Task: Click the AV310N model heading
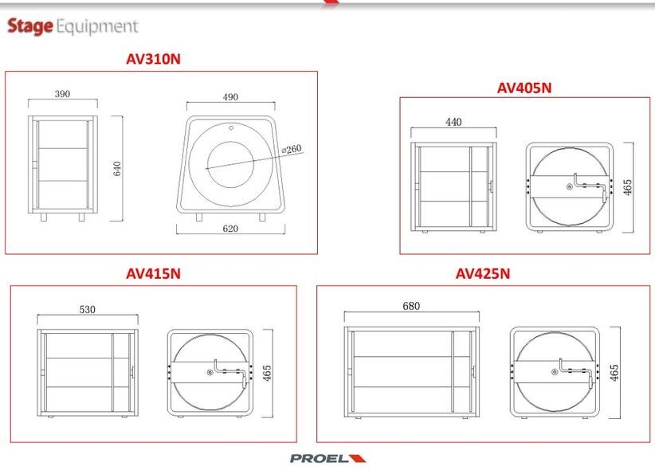(x=153, y=59)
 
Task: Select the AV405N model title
(x=524, y=88)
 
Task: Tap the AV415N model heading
(x=153, y=273)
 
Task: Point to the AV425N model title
(x=483, y=273)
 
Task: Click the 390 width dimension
(x=62, y=94)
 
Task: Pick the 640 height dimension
(x=117, y=168)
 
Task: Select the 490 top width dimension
(x=230, y=97)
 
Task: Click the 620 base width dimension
(x=230, y=229)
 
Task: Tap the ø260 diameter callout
(x=291, y=149)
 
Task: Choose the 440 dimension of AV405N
(x=453, y=122)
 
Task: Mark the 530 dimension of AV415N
(x=88, y=310)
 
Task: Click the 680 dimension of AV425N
(x=411, y=306)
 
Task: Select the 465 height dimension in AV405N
(x=627, y=187)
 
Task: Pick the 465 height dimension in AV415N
(x=267, y=373)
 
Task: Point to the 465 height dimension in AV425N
(x=614, y=373)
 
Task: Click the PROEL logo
(x=328, y=458)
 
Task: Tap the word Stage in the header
(x=30, y=26)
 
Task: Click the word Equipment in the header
(x=97, y=26)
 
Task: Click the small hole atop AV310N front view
(x=231, y=127)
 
